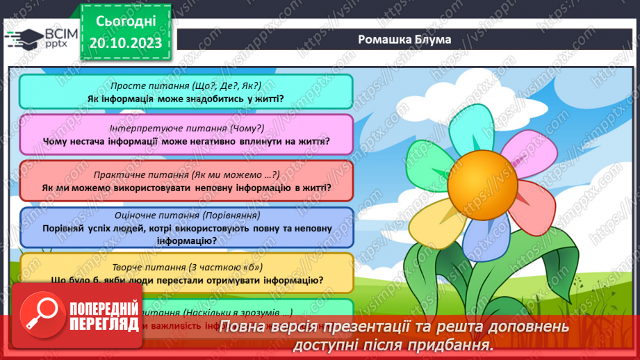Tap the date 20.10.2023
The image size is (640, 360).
pyautogui.click(x=126, y=43)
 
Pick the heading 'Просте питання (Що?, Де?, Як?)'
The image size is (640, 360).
pyautogui.click(x=186, y=85)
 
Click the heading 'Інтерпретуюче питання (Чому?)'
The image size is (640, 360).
pyautogui.click(x=186, y=129)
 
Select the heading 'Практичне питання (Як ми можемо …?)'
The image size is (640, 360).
pyautogui.click(x=186, y=174)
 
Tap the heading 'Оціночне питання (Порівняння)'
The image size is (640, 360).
pyautogui.click(x=186, y=215)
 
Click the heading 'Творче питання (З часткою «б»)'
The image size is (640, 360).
pyautogui.click(x=186, y=267)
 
